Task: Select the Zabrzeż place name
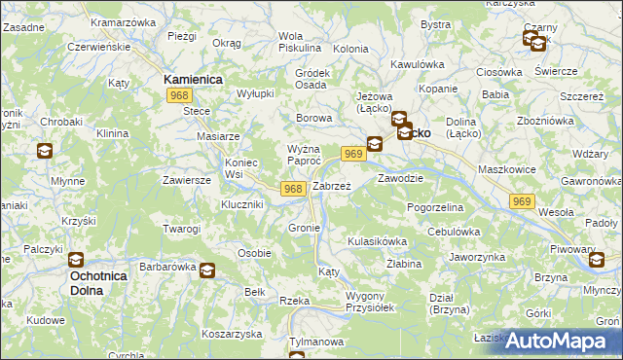tap(332, 185)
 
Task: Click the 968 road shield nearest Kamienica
tap(179, 95)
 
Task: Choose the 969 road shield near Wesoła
tap(522, 200)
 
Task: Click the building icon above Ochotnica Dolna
tap(75, 260)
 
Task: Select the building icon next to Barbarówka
tap(207, 270)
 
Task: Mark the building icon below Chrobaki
tap(45, 151)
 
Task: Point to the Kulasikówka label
tap(377, 240)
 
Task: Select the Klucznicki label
tap(242, 205)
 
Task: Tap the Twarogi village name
tap(182, 229)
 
